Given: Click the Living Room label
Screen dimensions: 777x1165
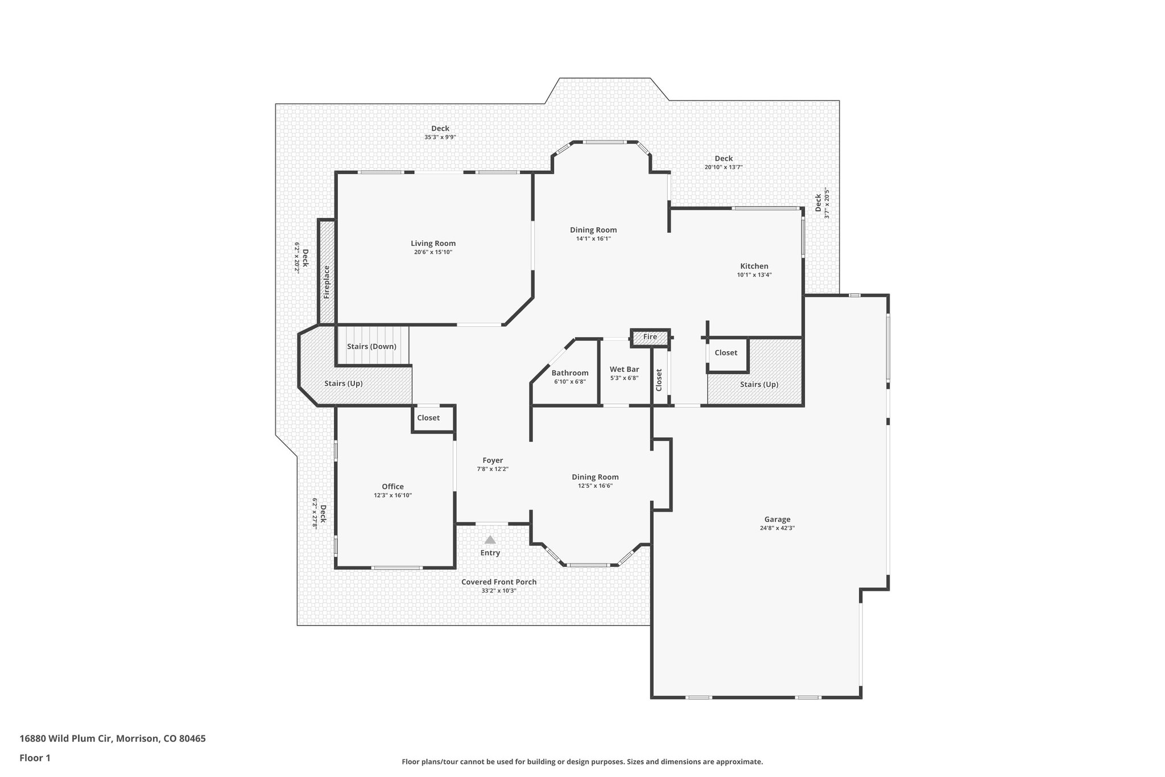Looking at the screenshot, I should point(433,244).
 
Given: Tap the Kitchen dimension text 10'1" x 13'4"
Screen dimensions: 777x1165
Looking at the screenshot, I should point(754,275).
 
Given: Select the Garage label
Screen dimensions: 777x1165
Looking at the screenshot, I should point(777,519).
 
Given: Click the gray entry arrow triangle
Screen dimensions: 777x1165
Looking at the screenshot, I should point(490,540).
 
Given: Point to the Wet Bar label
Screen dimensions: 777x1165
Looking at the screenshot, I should point(624,369).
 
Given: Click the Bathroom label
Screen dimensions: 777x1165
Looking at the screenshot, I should point(569,373).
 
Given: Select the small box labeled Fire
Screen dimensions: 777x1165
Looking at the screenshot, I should point(650,337).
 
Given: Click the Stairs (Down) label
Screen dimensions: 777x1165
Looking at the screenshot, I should point(371,347).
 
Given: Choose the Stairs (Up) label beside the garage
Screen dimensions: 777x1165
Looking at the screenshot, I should point(759,384).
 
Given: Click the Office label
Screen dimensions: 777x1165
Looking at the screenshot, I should point(393,487).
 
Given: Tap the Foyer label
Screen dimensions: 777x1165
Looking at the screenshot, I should point(493,461).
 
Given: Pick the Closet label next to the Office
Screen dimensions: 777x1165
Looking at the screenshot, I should point(428,418).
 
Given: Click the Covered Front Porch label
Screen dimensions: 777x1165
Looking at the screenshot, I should point(498,582).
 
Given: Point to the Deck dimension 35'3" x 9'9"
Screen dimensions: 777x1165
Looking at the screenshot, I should point(440,137).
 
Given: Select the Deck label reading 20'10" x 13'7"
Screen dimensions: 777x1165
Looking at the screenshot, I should point(723,159).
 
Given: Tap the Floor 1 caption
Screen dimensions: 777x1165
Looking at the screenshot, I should point(35,758).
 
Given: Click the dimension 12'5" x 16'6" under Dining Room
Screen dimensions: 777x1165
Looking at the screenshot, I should point(595,486).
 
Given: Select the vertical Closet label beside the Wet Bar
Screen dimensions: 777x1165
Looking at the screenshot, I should point(659,380).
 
